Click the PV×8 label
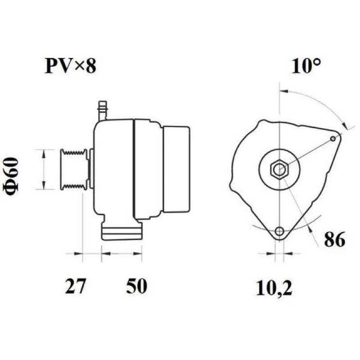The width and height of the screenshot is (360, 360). coord(70,66)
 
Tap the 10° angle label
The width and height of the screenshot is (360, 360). coord(306,66)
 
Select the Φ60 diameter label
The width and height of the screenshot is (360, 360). coord(10,175)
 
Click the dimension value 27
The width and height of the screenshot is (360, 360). coord(75,286)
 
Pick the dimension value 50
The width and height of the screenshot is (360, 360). coord(136,286)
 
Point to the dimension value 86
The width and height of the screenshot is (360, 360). coord(334,239)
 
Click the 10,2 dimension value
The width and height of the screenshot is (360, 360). coord(274,288)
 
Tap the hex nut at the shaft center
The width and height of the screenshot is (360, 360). coord(279,169)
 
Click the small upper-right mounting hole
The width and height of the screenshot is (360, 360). coord(333,139)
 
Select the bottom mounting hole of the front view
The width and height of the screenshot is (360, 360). coord(279,231)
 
